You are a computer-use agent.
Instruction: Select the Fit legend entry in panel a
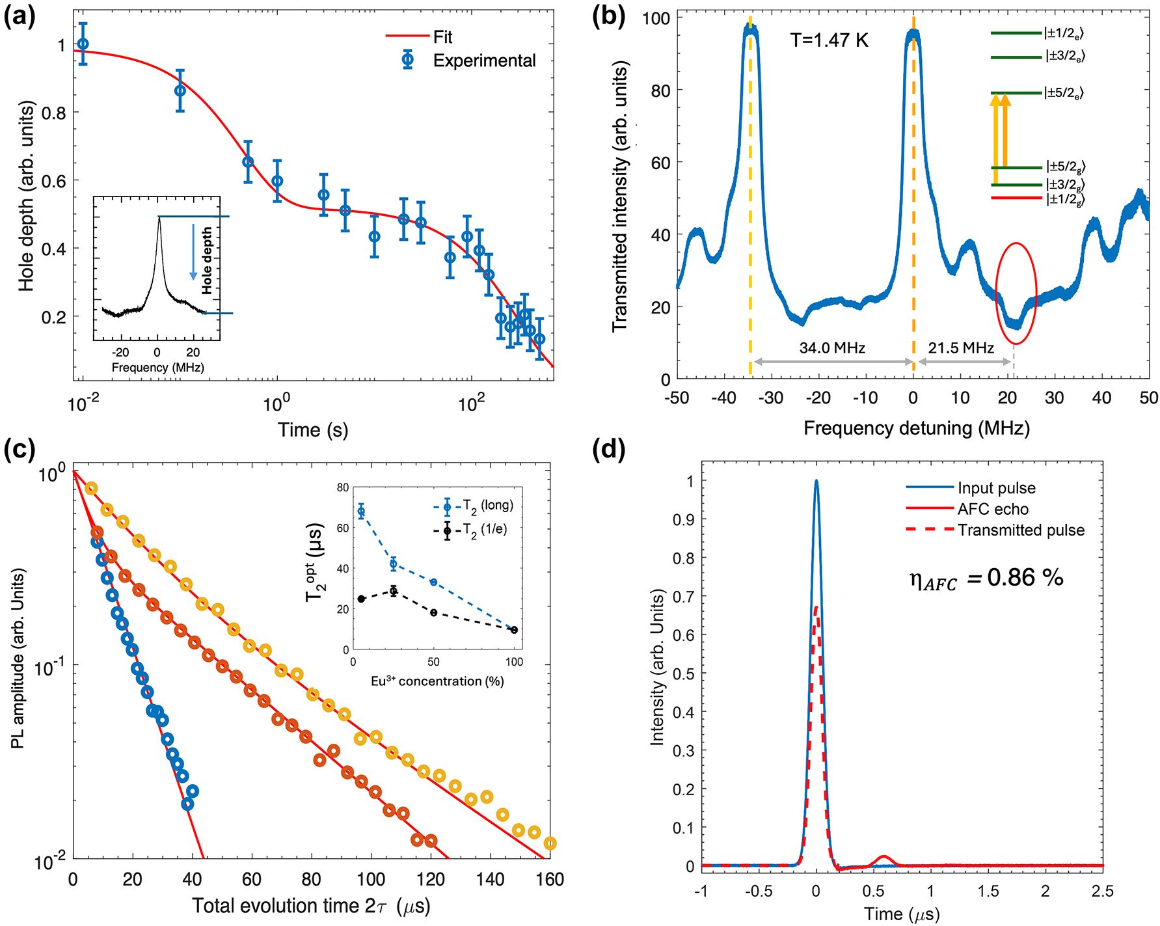click(x=442, y=37)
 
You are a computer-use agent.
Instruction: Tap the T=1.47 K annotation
click(x=830, y=40)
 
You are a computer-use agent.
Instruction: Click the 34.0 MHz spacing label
click(x=832, y=348)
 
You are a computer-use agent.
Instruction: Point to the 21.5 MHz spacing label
click(x=961, y=348)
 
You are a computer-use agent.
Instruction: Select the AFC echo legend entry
click(x=993, y=509)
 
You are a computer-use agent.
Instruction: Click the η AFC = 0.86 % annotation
click(x=986, y=579)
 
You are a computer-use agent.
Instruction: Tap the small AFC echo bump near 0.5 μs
click(x=883, y=860)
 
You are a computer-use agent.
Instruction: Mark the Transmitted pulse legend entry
click(x=1020, y=530)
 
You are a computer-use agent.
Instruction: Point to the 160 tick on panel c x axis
click(x=550, y=880)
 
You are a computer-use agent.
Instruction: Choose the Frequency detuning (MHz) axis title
click(x=916, y=428)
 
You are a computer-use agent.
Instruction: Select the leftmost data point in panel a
click(x=83, y=44)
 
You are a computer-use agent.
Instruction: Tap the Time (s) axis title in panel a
click(x=313, y=430)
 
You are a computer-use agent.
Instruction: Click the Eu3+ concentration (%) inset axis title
click(x=437, y=681)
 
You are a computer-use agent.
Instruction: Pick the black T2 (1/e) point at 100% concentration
click(x=514, y=629)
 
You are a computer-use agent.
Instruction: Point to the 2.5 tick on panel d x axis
click(x=1102, y=891)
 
